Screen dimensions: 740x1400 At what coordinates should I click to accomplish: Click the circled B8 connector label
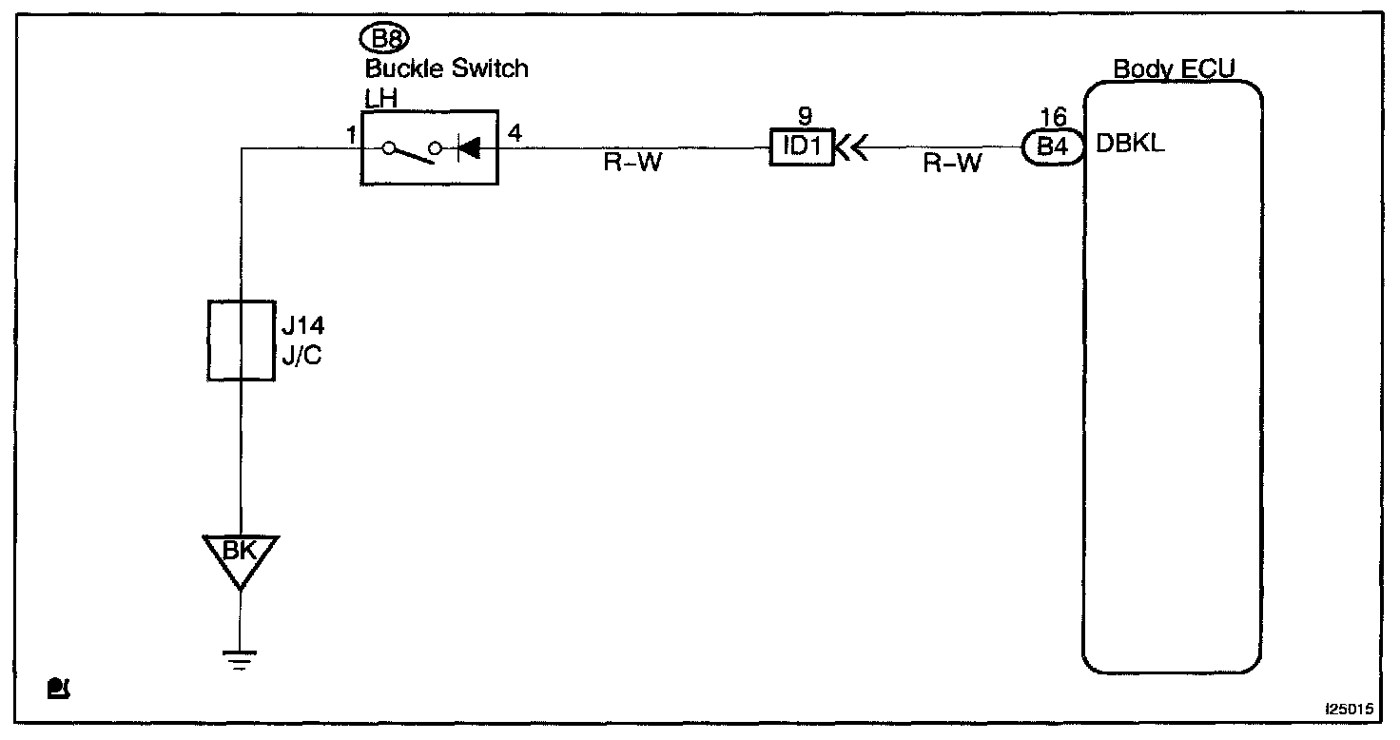384,40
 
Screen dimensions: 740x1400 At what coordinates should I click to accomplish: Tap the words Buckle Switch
446,68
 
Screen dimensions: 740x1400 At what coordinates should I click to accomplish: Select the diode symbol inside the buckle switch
468,147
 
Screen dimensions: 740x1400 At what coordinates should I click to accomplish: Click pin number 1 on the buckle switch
351,136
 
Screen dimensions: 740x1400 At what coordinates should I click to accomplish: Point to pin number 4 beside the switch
515,133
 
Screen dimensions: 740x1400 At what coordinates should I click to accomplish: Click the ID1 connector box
801,147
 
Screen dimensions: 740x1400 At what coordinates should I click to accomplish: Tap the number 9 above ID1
805,116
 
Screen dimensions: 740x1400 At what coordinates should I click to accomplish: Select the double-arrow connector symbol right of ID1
850,147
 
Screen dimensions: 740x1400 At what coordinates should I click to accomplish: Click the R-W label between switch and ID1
632,163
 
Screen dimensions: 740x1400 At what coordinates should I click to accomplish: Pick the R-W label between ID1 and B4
952,163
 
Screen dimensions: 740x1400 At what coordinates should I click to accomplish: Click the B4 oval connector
1053,147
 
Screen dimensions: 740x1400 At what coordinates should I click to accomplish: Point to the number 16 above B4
1053,117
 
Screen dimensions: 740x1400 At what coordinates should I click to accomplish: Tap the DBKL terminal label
1131,146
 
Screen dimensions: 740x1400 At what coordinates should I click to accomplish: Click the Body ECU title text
1175,68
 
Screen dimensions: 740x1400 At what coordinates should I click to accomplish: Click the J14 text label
302,326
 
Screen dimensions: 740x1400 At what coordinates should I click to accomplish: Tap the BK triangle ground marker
241,555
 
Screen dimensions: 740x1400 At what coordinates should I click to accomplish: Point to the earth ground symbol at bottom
241,658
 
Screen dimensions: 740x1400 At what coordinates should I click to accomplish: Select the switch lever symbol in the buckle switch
412,150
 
